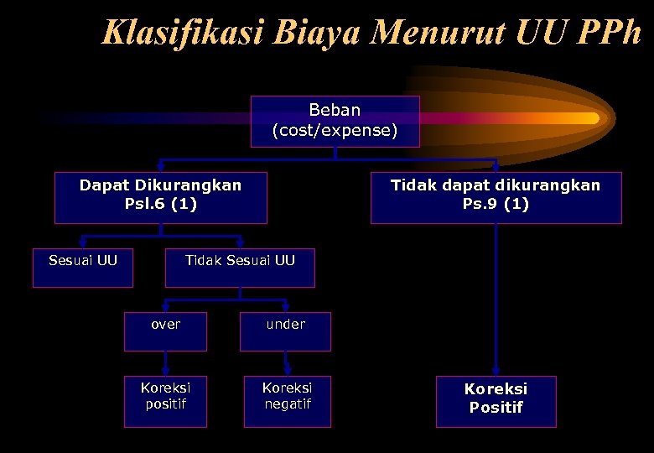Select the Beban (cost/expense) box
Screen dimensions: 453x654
point(335,121)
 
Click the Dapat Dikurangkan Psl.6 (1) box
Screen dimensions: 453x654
point(160,197)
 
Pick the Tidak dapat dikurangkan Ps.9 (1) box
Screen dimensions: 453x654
point(496,197)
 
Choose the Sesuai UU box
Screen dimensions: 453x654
point(82,268)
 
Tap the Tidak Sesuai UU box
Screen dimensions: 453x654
point(240,268)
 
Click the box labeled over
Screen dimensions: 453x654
point(165,331)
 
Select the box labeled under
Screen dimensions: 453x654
point(286,331)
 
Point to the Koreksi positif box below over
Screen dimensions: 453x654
point(165,401)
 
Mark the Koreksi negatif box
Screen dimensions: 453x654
point(287,401)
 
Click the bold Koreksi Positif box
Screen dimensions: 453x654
point(496,401)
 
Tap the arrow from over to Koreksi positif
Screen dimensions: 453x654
point(165,363)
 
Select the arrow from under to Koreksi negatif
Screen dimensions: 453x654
point(287,363)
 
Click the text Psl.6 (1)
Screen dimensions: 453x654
point(160,205)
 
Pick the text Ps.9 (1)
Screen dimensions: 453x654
point(496,205)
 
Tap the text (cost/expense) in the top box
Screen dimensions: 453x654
point(335,130)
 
